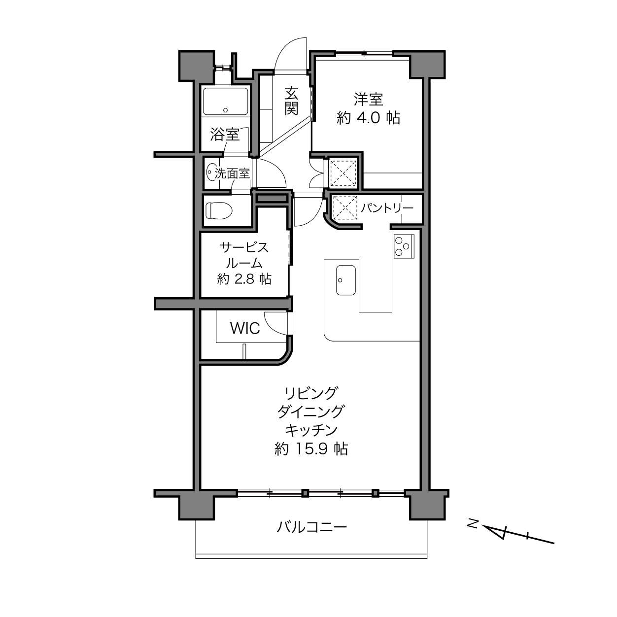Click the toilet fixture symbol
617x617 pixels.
coord(219,210)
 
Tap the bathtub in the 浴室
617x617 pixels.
coord(225,101)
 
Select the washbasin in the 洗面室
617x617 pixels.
coord(211,173)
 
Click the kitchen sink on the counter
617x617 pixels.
coord(345,280)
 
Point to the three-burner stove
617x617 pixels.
coord(404,246)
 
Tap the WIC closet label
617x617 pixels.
coord(245,328)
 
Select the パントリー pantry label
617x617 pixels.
coord(387,208)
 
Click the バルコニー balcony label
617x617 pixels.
coord(311,527)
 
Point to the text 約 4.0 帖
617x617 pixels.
coord(368,118)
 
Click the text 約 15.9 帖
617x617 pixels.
coord(311,448)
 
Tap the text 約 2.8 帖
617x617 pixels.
coord(244,279)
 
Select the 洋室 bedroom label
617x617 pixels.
coord(368,99)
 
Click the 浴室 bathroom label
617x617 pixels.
coord(225,134)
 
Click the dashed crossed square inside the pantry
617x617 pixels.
coord(345,207)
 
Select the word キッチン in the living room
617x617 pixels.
coord(311,430)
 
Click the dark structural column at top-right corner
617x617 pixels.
coord(427,65)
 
